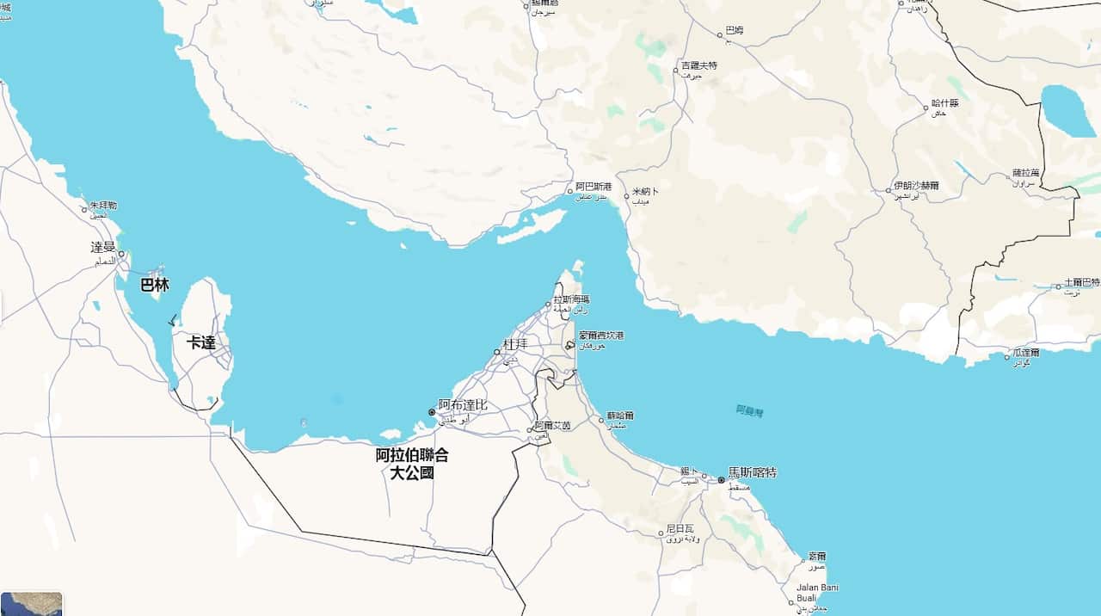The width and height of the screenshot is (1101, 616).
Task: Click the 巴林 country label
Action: click(155, 285)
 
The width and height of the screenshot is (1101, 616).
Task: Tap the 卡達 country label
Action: click(201, 342)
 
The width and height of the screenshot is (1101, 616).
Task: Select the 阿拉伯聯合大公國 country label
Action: click(412, 464)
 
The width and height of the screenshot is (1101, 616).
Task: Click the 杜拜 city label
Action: click(515, 343)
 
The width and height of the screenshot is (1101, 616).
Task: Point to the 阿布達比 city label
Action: click(463, 404)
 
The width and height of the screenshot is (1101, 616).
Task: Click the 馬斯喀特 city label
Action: click(752, 472)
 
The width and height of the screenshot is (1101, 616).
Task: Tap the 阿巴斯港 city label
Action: click(594, 187)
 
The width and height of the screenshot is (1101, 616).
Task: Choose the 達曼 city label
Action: click(103, 248)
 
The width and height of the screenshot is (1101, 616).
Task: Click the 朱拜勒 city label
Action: click(103, 206)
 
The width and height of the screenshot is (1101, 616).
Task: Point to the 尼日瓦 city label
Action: click(680, 527)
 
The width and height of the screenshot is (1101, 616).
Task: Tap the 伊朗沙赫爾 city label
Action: click(916, 185)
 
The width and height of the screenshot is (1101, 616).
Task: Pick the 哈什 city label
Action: click(944, 103)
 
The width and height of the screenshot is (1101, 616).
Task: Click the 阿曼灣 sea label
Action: click(749, 410)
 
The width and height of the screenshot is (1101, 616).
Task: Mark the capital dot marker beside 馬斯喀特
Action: click(721, 479)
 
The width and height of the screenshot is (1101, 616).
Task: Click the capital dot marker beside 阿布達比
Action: click(432, 412)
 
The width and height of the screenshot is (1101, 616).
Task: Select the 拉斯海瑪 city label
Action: click(571, 299)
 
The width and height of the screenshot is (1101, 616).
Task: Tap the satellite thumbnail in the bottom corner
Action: click(32, 603)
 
